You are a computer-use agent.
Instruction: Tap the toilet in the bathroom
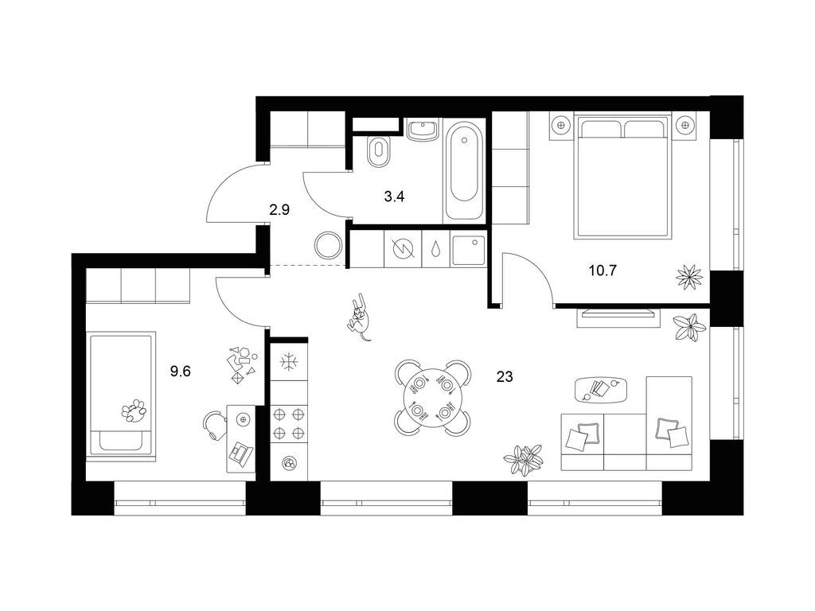tap(379, 150)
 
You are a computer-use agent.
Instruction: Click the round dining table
tap(431, 398)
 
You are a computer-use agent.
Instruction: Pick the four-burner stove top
tap(289, 422)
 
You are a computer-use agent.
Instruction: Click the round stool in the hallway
tap(327, 246)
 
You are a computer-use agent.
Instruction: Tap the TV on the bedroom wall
tap(618, 313)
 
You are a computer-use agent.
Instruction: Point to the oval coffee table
tap(601, 389)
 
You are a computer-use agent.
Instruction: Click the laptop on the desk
tap(240, 453)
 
